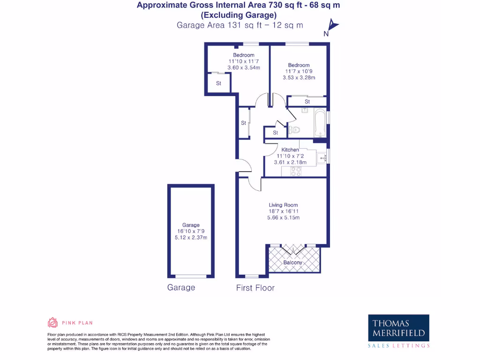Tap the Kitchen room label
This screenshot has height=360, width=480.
click(290, 150)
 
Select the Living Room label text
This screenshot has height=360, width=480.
click(283, 205)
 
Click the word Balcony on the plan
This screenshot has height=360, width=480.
click(293, 262)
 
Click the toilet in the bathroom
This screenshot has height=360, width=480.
click(294, 130)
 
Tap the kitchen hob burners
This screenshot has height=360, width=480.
click(296, 172)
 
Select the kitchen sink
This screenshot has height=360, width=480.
click(322, 158)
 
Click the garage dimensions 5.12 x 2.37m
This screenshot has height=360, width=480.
click(191, 237)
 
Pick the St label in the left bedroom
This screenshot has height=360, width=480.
click(218, 83)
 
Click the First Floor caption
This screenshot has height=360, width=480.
click(255, 288)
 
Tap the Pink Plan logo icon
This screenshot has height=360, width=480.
click(53, 322)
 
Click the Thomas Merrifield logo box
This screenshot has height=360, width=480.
click(398, 328)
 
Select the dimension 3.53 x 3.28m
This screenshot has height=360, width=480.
click(299, 78)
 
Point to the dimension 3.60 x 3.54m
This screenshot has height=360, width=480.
click(244, 67)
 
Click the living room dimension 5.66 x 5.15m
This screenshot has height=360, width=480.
click(283, 217)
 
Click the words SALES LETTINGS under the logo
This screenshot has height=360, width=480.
click(398, 345)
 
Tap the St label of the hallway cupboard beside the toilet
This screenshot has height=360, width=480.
click(275, 133)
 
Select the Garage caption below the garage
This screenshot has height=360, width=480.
click(181, 287)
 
